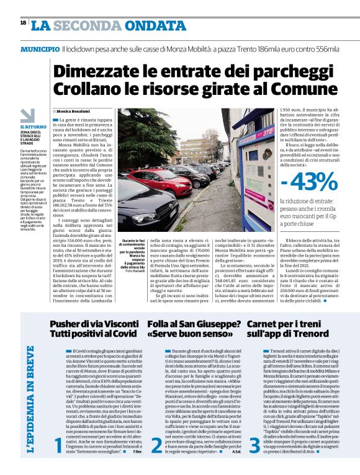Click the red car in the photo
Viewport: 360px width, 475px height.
coord(161,179)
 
